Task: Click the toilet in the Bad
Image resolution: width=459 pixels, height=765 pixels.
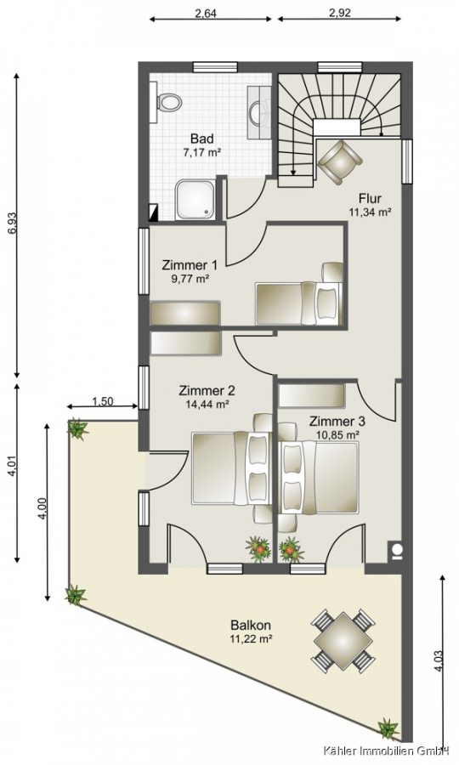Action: click(166, 103)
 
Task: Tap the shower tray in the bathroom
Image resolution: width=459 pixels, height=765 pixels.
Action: click(195, 200)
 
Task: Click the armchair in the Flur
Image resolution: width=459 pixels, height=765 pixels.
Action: click(339, 161)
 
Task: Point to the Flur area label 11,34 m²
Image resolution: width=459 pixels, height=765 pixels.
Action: click(371, 212)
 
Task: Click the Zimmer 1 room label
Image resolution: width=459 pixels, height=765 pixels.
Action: click(190, 265)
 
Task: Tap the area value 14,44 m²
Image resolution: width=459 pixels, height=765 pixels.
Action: click(207, 404)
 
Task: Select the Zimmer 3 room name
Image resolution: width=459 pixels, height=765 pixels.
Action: click(337, 421)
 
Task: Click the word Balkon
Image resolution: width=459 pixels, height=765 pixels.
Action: click(252, 625)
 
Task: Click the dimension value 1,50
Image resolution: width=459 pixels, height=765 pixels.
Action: click(103, 401)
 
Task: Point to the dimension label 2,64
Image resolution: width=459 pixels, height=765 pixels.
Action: click(206, 13)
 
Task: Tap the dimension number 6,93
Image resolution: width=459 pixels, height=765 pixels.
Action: click(13, 225)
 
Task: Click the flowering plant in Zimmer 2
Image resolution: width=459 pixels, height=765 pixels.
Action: click(258, 548)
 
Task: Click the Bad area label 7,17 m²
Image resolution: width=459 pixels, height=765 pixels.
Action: click(202, 152)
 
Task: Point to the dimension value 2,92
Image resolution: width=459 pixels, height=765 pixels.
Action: click(339, 13)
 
